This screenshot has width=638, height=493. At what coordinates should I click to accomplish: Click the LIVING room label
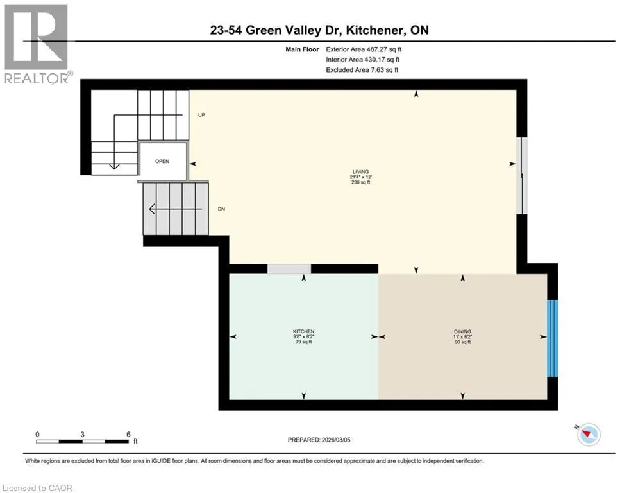(360, 172)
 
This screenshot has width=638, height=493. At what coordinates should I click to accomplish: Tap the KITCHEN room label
(303, 332)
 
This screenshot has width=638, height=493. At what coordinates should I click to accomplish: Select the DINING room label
(463, 332)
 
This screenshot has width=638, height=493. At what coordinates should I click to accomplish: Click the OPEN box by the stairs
(163, 161)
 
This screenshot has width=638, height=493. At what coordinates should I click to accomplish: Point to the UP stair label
(201, 115)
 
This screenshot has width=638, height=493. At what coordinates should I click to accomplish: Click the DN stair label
(221, 209)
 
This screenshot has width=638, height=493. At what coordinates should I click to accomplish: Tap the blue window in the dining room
(552, 338)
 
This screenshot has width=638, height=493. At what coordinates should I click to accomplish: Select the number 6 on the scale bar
(128, 435)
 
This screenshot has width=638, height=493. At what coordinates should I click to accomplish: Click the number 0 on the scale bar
(37, 435)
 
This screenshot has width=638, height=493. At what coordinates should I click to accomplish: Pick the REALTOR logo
(37, 44)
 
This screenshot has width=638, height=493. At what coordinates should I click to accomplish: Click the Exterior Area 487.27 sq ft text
(364, 49)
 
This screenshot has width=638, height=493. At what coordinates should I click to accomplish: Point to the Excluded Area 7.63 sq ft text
(362, 70)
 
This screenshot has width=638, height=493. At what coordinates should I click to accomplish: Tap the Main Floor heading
(302, 49)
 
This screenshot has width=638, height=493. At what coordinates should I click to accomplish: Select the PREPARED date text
(319, 440)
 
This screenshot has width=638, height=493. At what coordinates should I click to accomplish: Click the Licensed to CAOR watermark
(37, 488)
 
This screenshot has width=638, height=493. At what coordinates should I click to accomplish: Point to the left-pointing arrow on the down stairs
(176, 209)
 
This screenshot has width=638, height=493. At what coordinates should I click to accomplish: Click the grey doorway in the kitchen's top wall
(289, 269)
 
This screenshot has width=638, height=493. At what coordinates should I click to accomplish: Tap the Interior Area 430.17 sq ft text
(363, 60)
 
